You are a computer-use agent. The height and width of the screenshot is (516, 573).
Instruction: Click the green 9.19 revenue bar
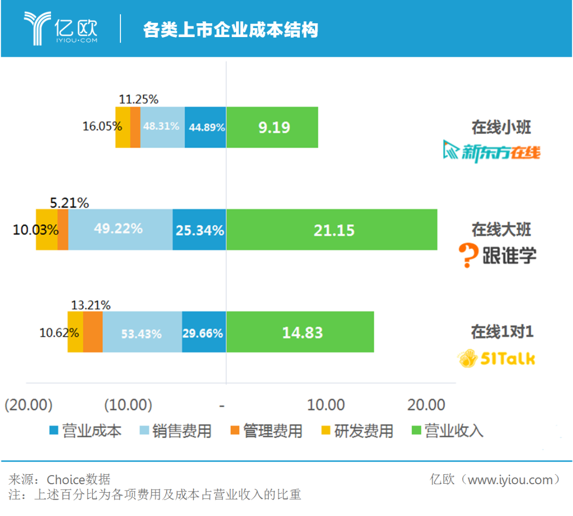272,127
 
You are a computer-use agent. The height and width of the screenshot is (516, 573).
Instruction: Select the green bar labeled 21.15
332,229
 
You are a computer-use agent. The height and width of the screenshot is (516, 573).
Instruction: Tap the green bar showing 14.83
300,332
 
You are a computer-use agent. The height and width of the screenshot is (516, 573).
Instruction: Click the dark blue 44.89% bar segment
205,127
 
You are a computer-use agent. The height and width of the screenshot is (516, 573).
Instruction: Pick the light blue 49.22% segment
120,229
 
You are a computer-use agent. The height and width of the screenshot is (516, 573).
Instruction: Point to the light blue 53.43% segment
142,332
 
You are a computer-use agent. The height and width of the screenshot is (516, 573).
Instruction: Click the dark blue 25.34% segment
199,229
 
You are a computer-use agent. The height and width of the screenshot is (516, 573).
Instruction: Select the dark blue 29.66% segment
204,332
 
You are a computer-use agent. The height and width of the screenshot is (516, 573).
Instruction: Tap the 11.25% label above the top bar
138,99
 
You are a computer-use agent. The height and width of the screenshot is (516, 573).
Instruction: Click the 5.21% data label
70,202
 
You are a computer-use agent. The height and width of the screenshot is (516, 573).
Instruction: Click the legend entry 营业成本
85,431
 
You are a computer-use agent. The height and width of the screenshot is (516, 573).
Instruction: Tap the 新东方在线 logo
492,152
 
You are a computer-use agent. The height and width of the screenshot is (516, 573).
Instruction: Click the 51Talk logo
497,359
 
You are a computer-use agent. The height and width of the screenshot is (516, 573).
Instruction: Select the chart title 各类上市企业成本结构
230,30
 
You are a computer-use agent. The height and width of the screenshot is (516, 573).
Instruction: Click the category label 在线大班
501,229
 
